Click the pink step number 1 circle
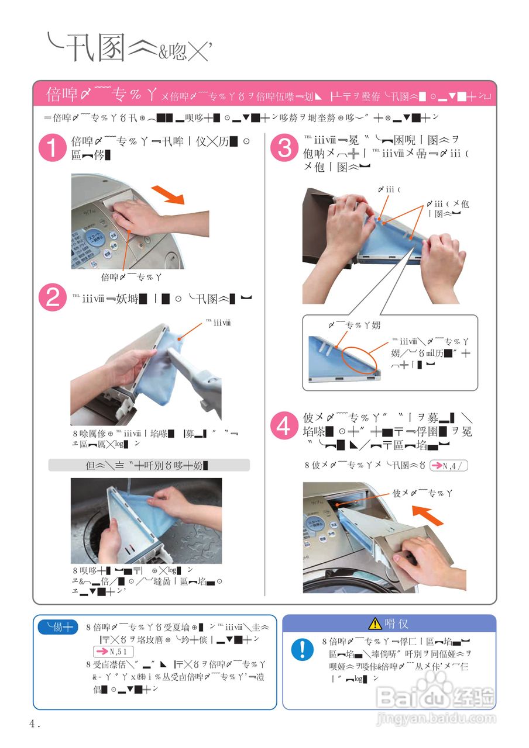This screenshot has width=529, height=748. click(x=53, y=148)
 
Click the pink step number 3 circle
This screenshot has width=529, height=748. click(x=284, y=148)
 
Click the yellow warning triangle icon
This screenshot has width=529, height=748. click(x=375, y=624)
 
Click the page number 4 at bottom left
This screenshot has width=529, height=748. click(x=33, y=723)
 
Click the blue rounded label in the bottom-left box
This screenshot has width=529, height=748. click(x=58, y=628)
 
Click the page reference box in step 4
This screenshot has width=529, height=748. click(x=449, y=466)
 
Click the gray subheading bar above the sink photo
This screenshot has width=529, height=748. click(x=149, y=465)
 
